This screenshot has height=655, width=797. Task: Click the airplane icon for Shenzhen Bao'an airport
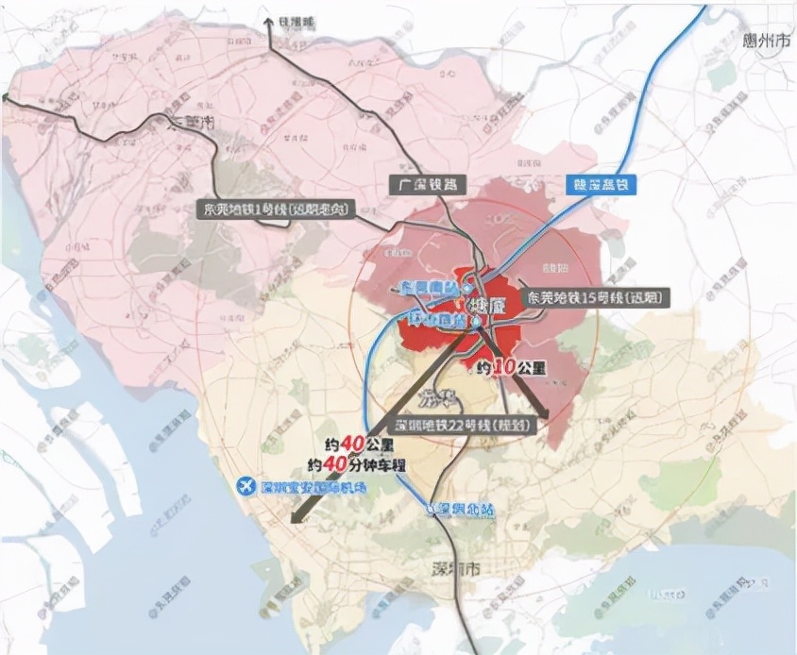tap(246, 486)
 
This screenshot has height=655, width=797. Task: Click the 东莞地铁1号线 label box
tap(279, 210)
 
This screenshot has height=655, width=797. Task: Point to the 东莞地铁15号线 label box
tap(592, 296)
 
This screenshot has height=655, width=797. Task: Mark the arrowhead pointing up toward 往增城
tap(270, 28)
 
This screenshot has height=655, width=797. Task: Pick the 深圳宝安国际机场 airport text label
tap(312, 488)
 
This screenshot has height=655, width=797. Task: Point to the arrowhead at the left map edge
tap(5, 96)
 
